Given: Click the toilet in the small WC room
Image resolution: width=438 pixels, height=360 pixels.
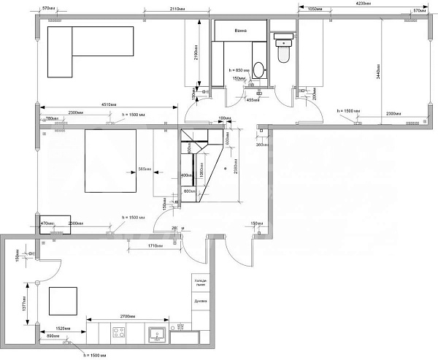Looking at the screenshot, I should [283, 52].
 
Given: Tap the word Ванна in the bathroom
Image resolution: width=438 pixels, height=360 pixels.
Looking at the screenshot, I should [240, 31].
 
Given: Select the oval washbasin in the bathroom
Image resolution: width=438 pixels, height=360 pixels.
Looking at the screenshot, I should [258, 69].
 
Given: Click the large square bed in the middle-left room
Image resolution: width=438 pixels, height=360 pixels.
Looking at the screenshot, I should [110, 159].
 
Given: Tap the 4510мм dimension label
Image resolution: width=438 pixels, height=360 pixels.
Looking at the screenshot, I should [107, 104].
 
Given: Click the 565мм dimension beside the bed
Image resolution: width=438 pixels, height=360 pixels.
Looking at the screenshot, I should [145, 169].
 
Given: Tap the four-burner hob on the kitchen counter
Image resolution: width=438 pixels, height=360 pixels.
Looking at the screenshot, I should [119, 334].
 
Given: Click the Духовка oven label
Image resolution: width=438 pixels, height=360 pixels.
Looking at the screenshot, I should [201, 301].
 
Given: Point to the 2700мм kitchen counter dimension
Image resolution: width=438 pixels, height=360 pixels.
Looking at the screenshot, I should [128, 318].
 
